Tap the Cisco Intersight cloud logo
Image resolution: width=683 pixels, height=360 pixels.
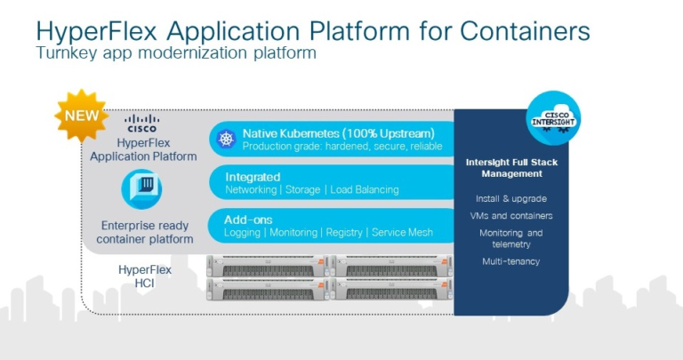point(552,117)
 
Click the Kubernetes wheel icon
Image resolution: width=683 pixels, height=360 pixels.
point(225,139)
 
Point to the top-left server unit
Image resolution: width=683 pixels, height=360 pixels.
point(269,266)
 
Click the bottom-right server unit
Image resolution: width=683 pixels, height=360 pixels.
point(397,290)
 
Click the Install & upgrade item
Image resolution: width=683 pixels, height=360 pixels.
point(510,198)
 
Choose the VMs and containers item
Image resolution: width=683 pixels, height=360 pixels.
point(510,216)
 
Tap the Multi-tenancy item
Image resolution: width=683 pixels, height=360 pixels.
point(510,261)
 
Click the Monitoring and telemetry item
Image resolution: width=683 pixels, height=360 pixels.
point(510,238)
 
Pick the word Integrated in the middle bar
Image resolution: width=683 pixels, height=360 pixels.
point(253,177)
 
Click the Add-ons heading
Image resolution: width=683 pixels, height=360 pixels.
point(248,219)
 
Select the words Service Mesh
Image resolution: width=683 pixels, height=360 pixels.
point(402,233)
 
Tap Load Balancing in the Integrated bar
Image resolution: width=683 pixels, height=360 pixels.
point(364,190)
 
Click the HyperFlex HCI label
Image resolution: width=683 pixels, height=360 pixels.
point(144,275)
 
